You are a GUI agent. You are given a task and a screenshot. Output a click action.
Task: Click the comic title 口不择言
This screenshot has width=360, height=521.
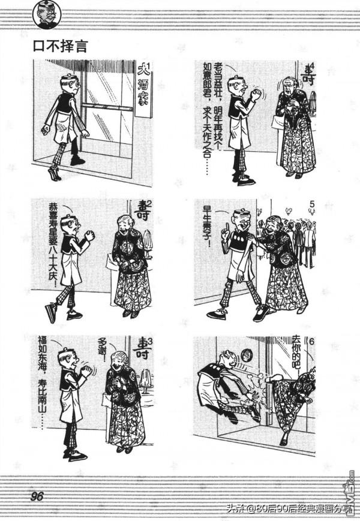point(61,47)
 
